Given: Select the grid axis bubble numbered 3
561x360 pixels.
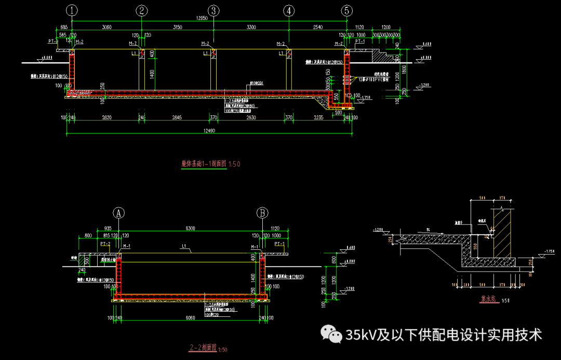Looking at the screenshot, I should click(213, 10).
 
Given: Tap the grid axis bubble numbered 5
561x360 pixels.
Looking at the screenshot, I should click(347, 10).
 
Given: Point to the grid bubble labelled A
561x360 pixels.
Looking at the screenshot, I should click(119, 212).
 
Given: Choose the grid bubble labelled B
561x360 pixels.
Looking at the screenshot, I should click(263, 212).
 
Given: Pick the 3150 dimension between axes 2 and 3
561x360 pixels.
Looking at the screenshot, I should click(177, 26).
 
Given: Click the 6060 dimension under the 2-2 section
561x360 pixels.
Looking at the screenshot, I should click(191, 318).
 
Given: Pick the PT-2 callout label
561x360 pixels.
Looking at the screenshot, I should click(105, 243).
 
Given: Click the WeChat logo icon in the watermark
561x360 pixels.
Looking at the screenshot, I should click(331, 334).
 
